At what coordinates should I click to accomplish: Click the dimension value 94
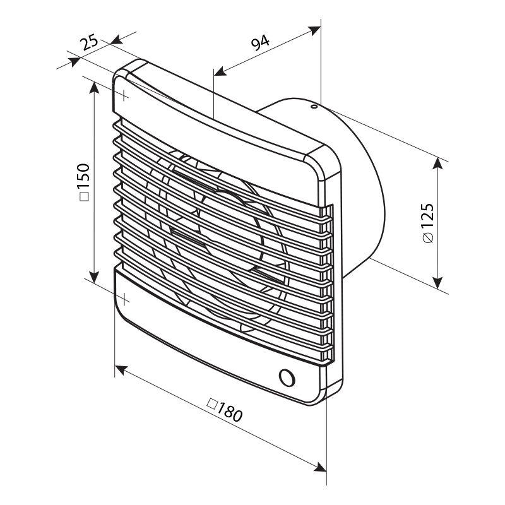pyautogui.click(x=260, y=42)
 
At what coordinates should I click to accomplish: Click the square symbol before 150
pyautogui.click(x=84, y=196)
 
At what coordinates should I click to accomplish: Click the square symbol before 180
pyautogui.click(x=211, y=404)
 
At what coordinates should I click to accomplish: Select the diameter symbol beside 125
pyautogui.click(x=429, y=238)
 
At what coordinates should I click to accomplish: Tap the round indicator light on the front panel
pyautogui.click(x=287, y=377)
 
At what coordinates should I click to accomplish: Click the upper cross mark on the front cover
pyautogui.click(x=124, y=95)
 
